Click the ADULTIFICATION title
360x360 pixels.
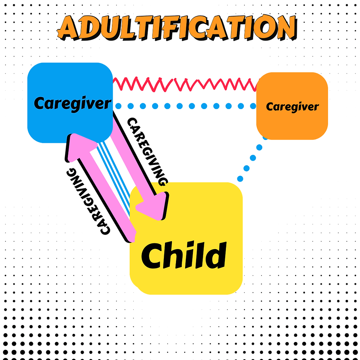coord(176,28)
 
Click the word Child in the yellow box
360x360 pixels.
coord(183,255)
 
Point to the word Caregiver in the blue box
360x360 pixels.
coord(72,104)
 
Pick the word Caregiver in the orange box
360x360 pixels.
coord(292,107)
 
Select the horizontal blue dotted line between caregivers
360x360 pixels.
coord(184,106)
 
